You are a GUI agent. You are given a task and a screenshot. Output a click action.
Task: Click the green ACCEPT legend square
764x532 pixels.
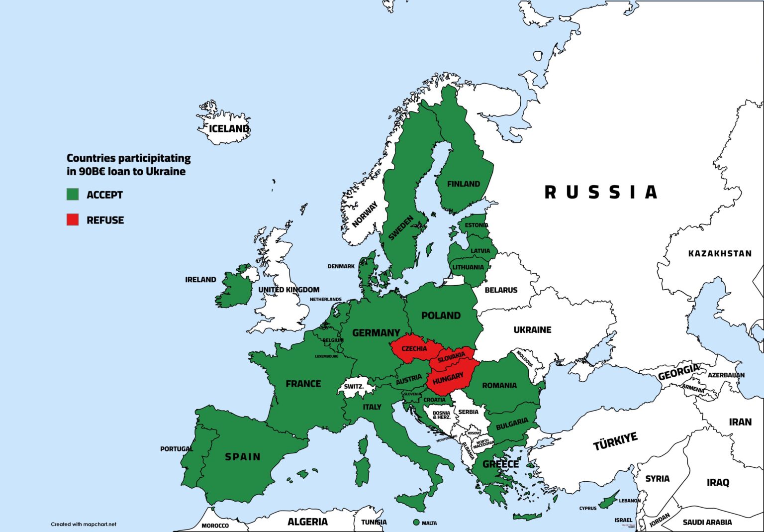tap(73, 194)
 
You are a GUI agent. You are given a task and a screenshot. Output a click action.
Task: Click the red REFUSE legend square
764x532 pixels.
tap(73, 219)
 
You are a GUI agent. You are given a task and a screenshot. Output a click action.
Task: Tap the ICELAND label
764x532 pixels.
tap(228, 128)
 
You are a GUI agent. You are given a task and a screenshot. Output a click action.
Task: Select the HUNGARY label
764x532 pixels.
tap(448, 379)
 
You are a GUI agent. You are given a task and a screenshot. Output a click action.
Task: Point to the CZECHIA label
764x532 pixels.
tap(414, 348)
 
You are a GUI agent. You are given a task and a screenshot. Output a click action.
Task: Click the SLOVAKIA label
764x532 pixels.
tap(452, 356)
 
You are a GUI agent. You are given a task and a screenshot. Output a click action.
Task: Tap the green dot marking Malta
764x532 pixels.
tap(416, 523)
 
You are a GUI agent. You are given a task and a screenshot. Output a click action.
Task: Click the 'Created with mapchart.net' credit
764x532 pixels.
tap(84, 524)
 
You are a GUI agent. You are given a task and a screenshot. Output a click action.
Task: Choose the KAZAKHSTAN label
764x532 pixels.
tap(720, 253)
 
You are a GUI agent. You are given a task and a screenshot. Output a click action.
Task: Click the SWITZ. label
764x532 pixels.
tap(354, 387)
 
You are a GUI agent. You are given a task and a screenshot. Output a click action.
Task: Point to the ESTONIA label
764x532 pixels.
tap(476, 225)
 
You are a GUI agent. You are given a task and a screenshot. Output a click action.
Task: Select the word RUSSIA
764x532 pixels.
tap(601, 192)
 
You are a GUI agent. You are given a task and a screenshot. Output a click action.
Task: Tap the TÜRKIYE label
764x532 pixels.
tap(615, 441)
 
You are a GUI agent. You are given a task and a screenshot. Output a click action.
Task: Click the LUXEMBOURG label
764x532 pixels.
tap(326, 356)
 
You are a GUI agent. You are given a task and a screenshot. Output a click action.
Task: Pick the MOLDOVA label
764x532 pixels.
tap(524, 358)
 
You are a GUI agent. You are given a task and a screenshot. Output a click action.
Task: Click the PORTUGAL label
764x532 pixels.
tap(176, 448)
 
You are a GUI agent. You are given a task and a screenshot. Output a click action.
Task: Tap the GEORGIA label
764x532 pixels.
tap(678, 372)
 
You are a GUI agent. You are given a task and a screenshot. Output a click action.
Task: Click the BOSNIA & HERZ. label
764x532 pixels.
tap(441, 415)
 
